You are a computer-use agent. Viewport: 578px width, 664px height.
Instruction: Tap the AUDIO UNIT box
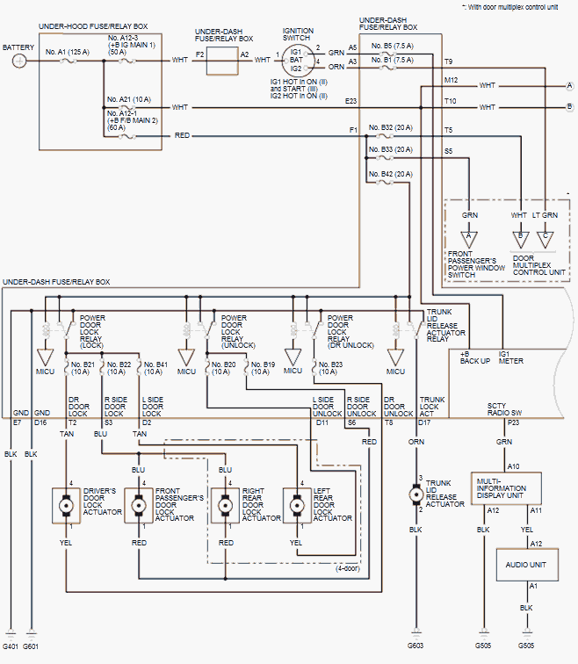click(x=525, y=565)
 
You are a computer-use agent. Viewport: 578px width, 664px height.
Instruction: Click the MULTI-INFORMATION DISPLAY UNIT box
click(x=506, y=485)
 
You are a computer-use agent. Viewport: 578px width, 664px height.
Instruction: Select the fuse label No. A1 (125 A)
click(x=68, y=52)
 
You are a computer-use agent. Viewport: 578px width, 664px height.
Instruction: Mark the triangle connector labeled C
click(x=546, y=236)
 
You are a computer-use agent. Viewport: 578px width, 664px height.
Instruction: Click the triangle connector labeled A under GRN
click(x=470, y=236)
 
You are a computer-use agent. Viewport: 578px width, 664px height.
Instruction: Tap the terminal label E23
click(x=351, y=101)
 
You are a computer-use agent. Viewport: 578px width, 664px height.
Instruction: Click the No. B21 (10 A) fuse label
click(x=82, y=367)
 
